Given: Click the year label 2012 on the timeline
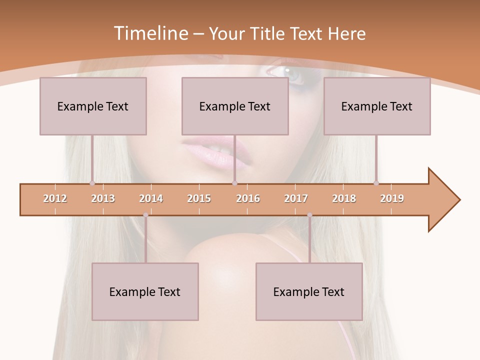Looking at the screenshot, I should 55,198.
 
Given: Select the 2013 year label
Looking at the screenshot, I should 103,198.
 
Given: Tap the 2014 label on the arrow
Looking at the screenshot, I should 151,198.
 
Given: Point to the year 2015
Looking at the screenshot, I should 199,198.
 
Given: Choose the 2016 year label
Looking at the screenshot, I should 248,198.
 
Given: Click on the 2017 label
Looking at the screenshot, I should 296,198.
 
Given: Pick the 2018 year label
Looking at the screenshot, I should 344,198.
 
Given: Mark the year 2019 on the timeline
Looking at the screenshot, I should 392,198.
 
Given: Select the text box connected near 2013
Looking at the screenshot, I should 93,106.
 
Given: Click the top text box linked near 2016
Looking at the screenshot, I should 235,106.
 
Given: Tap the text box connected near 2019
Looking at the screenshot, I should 377,106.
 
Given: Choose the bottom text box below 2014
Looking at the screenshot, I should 145,291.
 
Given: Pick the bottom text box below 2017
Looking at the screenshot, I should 309,291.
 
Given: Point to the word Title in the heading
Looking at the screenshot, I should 268,33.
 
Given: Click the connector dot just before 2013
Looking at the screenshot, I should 92,183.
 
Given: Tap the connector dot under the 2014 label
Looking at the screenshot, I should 145,215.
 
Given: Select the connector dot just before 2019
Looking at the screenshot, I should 376,183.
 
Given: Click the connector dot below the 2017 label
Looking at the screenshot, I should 309,215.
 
